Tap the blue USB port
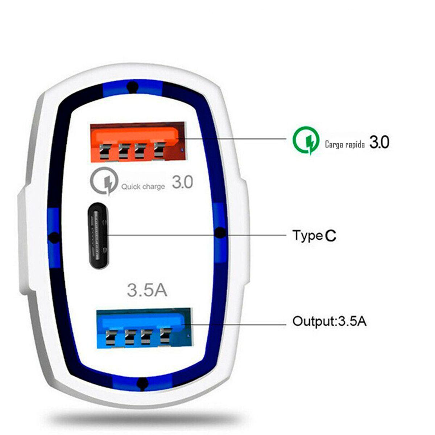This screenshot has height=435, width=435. point(144,328)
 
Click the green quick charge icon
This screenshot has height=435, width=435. point(306,140)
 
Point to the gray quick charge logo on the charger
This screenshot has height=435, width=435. point(104,181)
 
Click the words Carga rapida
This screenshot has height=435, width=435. point(345,144)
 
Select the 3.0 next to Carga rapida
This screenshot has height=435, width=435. point(379,142)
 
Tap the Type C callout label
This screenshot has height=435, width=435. point(314,236)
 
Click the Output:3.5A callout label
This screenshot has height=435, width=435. point(329,321)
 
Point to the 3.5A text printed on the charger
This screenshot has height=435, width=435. point(147,290)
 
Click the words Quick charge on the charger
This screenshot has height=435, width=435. point(143,187)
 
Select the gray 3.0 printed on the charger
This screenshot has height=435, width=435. point(182,182)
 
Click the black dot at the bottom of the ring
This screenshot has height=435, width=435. point(143,383)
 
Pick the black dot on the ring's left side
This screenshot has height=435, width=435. point(54,238)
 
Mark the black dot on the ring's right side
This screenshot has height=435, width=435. point(219,233)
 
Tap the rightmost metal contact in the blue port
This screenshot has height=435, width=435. point(165,335)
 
